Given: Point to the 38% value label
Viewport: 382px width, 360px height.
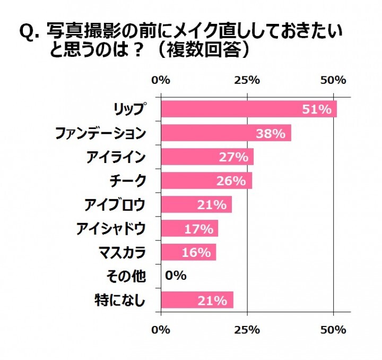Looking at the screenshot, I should (x=271, y=133).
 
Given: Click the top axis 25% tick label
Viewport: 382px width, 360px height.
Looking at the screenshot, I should (x=247, y=80).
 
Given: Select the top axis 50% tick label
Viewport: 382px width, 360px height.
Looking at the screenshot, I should (x=333, y=80).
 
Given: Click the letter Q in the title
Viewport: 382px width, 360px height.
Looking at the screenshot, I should (x=27, y=33).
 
